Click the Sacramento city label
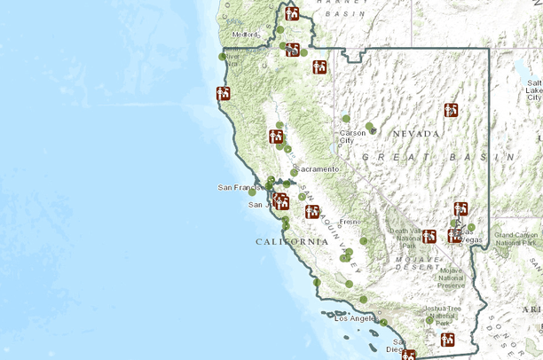319,168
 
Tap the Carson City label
352,137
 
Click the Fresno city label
350,221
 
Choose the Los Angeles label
355,317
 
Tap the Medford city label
245,35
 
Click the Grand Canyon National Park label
515,239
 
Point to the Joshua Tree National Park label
442,313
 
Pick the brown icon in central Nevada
451,110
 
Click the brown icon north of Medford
292,13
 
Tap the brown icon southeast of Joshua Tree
449,338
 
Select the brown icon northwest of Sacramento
276,136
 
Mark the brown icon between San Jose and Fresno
312,211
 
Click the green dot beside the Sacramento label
295,172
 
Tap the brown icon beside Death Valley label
429,236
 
